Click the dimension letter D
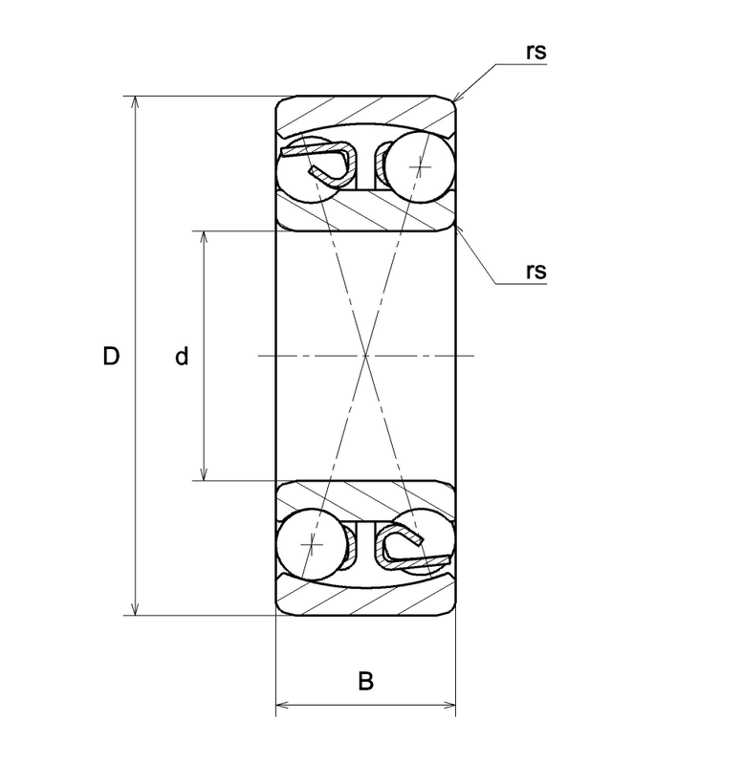pos(111,356)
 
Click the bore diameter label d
pos(182,356)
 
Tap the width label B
pos(366,681)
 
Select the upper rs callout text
pos(536,53)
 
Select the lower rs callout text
pos(536,272)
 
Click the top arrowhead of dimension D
pos(136,101)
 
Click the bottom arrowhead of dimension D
pos(136,610)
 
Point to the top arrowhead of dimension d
pos(204,236)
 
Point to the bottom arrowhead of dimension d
pos(204,474)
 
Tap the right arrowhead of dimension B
pos(449,705)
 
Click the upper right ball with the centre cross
pos(420,166)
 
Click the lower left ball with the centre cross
pos(313,544)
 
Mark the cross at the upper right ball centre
pos(420,166)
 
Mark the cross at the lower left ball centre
pos(313,544)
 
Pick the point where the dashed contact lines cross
pos(366,356)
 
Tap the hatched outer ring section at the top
pos(366,116)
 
